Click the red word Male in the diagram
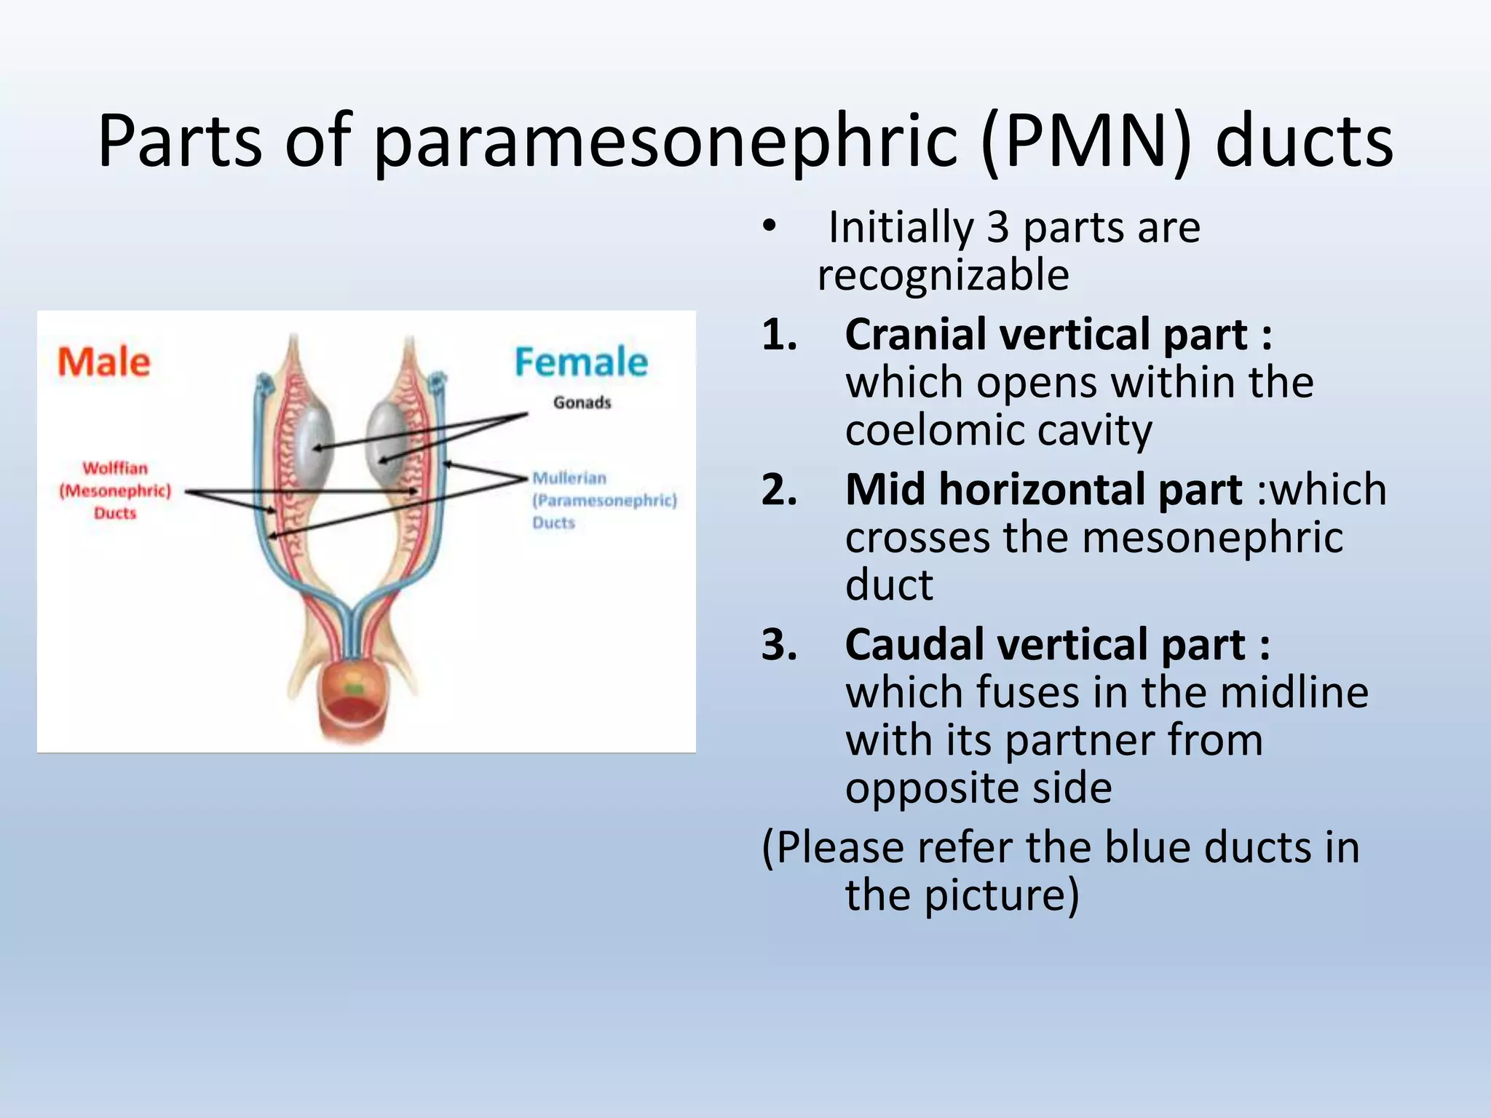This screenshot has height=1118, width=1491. click(103, 362)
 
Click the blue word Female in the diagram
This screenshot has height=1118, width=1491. click(580, 362)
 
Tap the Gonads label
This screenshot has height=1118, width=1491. click(582, 403)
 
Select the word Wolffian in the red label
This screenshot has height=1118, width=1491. click(115, 468)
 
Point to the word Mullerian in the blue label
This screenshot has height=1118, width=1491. click(569, 478)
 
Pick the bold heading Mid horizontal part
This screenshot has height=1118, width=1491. click(1043, 489)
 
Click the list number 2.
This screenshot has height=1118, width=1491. click(779, 489)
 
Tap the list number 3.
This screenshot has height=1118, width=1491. click(779, 644)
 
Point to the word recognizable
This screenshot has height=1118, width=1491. click(943, 275)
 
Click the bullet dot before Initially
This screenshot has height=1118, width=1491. click(770, 227)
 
